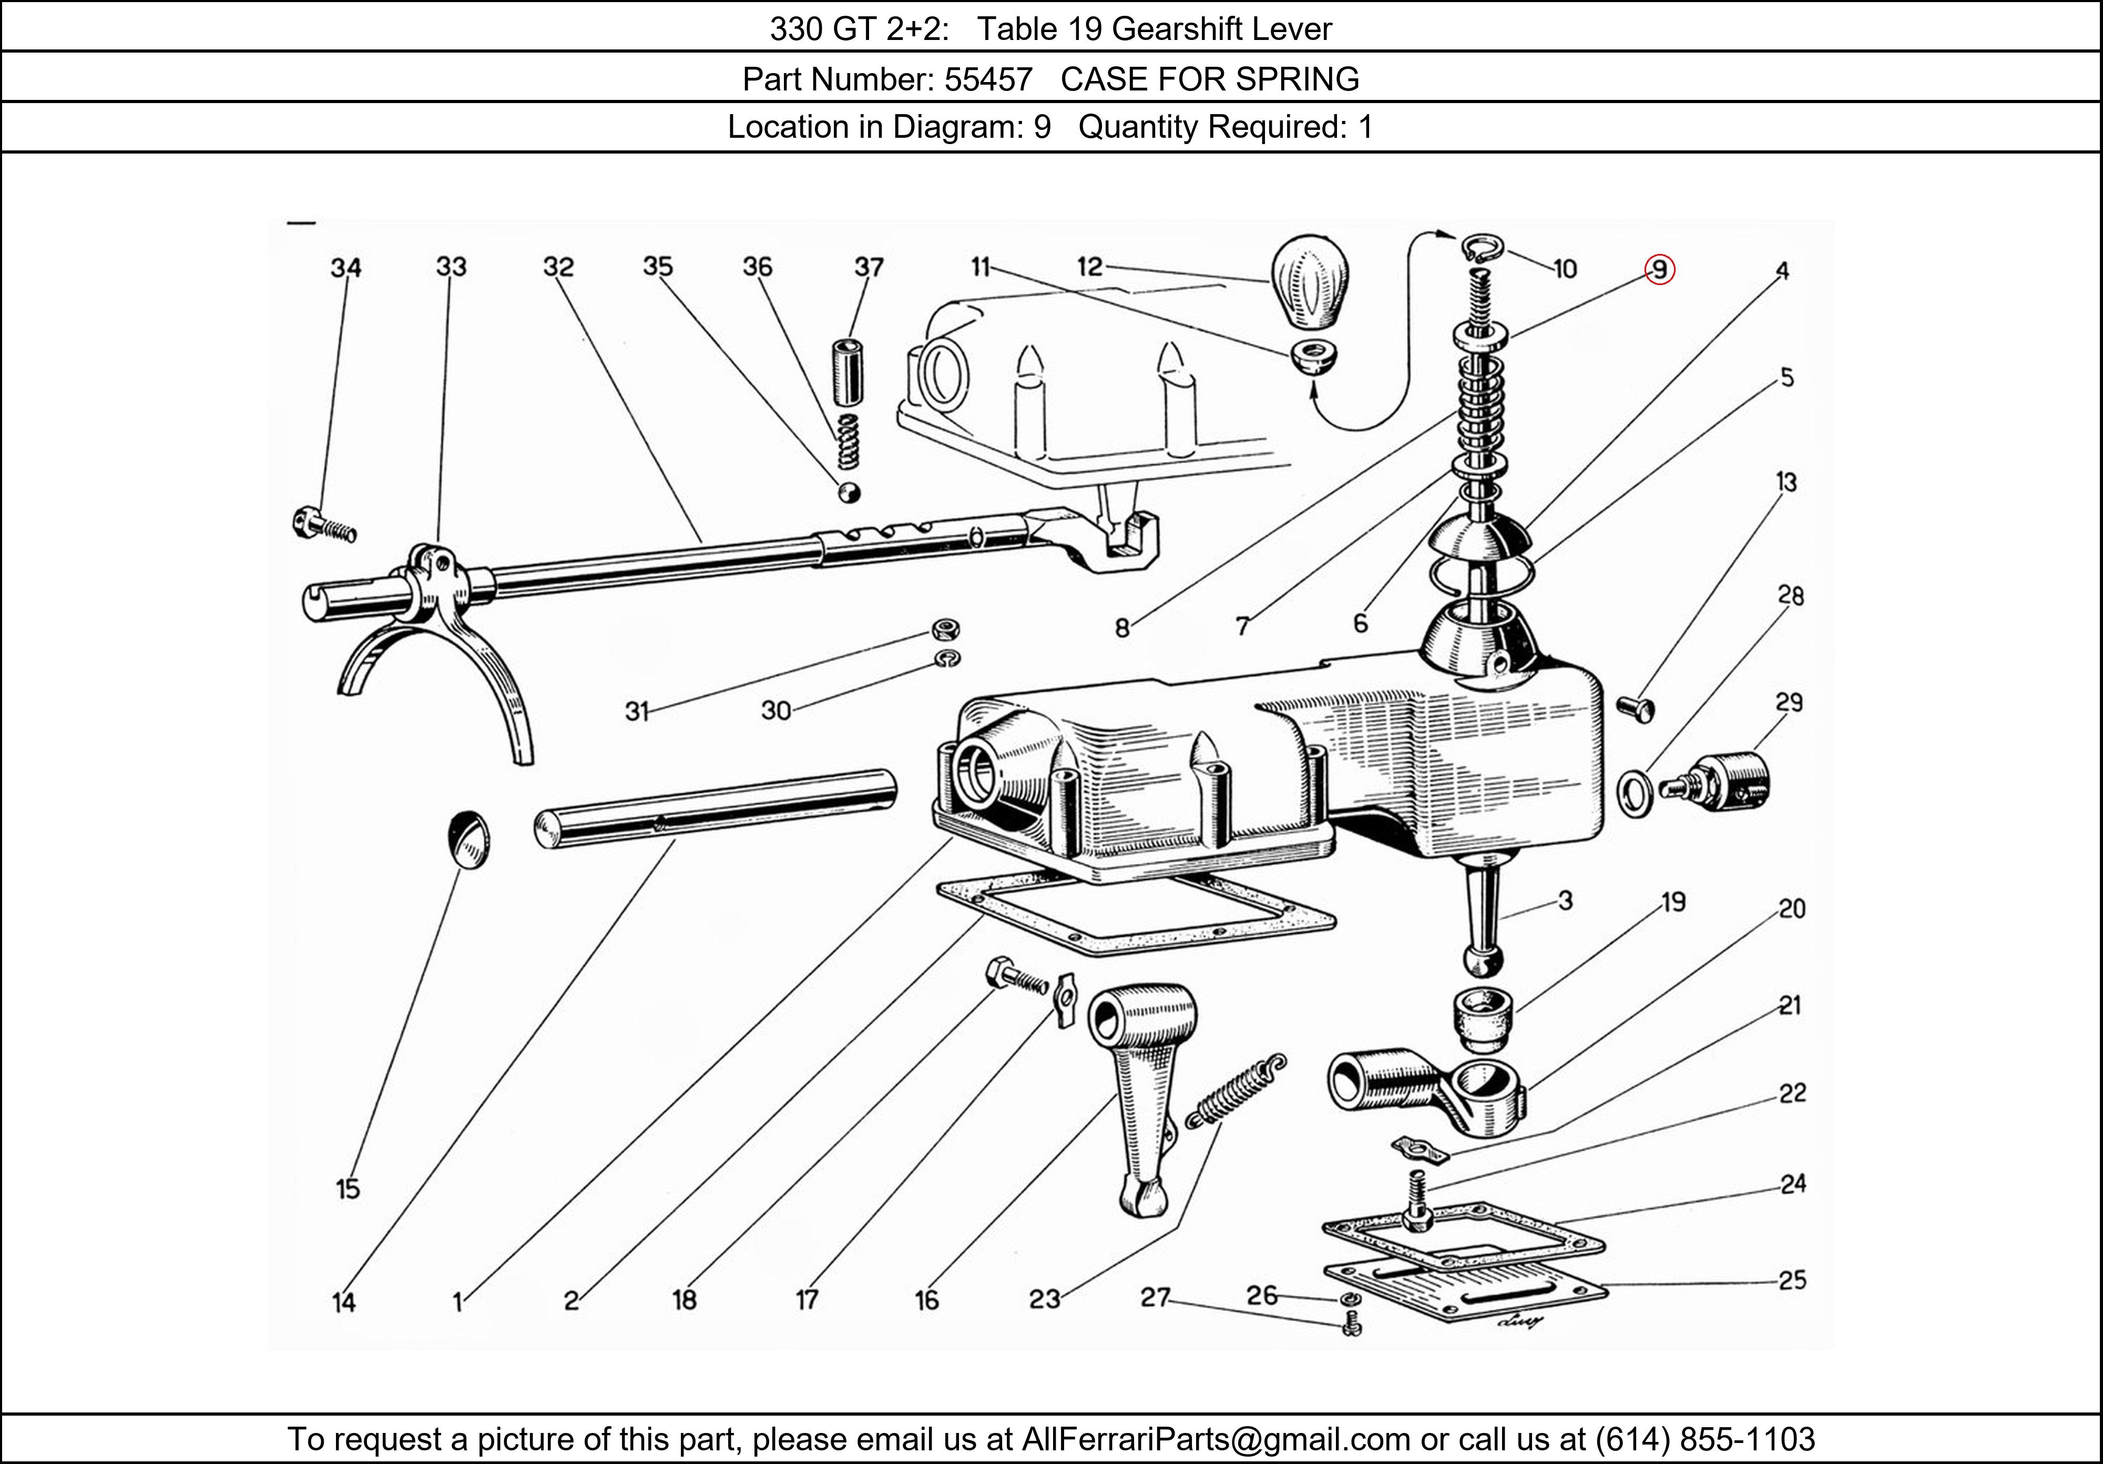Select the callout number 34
(x=345, y=268)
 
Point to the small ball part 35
(x=849, y=492)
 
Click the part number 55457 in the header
(x=988, y=80)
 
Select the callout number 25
(x=1792, y=1280)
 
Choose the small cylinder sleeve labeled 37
(x=848, y=372)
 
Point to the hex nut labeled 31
(x=945, y=629)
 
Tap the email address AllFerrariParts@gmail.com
(x=1216, y=1439)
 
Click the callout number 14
(x=343, y=1302)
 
